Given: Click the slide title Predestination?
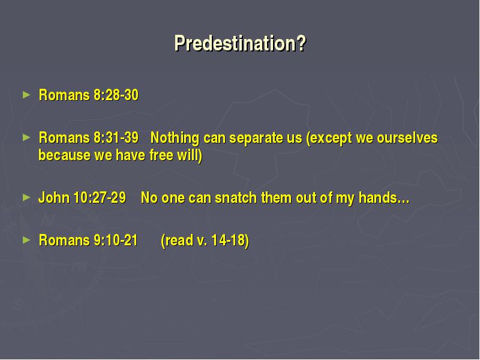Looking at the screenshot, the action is (x=241, y=43).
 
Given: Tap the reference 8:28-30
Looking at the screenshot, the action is (x=116, y=95).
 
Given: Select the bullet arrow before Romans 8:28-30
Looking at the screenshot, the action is (x=26, y=95).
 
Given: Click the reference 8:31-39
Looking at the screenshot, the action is (x=116, y=138).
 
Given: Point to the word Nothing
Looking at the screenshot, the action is (x=175, y=139).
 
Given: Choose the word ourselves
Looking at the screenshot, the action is (x=407, y=138).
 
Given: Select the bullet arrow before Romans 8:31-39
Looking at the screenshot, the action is (x=26, y=138).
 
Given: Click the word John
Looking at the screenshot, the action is (x=54, y=198).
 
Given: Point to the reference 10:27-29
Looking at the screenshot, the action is (x=100, y=198).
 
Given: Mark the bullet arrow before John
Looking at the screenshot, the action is (x=26, y=198).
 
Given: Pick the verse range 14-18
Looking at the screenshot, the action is (x=228, y=241).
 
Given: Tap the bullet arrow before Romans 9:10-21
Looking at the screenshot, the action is (x=26, y=241).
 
